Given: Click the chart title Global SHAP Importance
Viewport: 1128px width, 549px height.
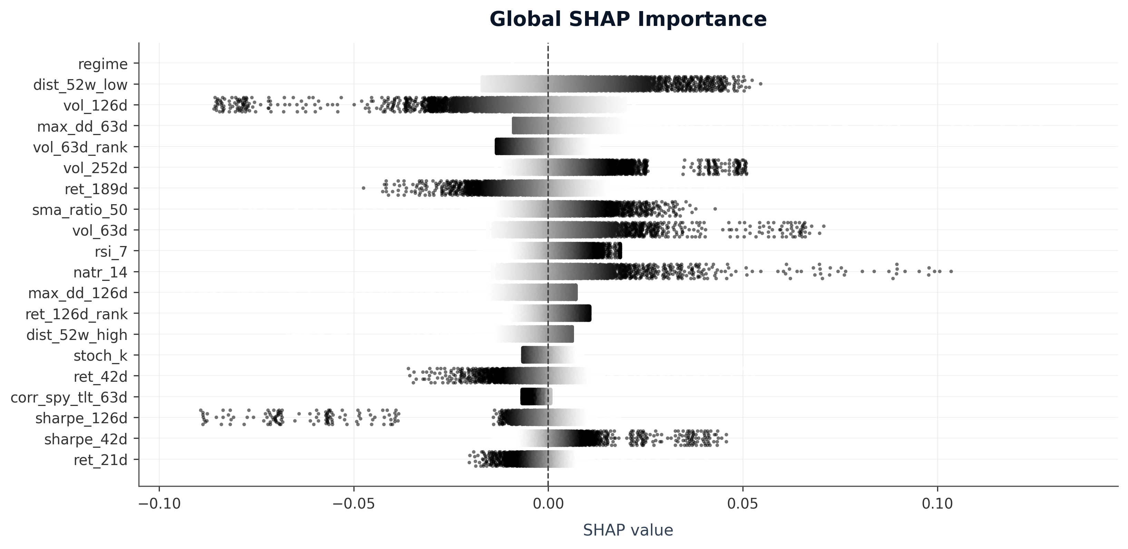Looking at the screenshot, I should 628,20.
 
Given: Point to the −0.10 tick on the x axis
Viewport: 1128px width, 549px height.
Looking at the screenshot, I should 159,504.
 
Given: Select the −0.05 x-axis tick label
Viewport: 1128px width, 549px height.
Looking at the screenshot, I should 353,504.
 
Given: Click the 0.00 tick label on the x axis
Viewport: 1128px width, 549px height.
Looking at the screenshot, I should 548,504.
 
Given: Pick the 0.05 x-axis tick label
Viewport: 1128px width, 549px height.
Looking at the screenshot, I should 743,504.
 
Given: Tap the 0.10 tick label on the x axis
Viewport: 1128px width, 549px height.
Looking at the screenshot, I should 937,504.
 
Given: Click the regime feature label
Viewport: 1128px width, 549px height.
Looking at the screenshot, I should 103,64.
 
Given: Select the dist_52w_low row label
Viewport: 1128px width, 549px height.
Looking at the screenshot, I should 80,85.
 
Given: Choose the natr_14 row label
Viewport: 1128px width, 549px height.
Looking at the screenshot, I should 100,273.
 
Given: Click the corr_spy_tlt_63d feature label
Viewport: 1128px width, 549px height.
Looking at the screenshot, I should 69,398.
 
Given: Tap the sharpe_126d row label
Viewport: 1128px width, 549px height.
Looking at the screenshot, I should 81,418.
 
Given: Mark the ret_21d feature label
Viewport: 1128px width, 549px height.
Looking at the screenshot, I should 100,461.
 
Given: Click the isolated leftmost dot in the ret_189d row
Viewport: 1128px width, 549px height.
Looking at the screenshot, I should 363,188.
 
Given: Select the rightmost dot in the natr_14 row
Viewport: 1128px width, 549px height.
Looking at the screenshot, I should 951,272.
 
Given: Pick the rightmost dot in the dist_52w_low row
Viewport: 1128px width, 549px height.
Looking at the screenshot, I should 761,84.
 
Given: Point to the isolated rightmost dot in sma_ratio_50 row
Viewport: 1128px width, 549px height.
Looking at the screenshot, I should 715,209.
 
